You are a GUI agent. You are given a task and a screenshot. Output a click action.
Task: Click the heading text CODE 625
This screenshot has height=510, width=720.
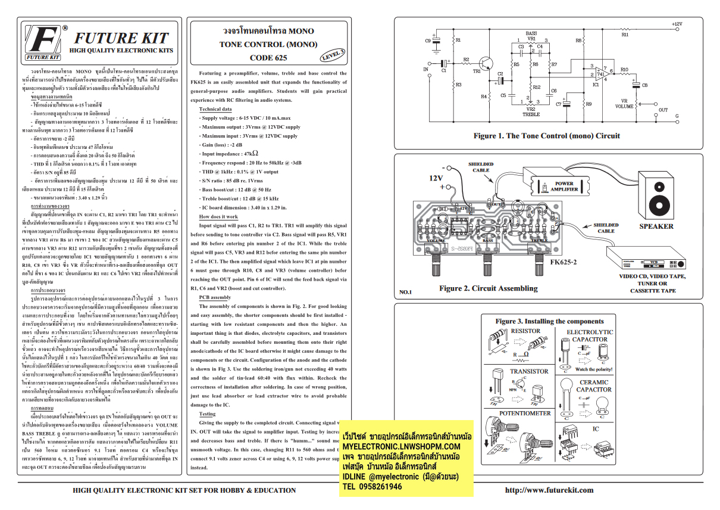pos(268,58)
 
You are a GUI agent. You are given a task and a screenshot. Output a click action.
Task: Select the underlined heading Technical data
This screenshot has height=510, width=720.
pos(215,109)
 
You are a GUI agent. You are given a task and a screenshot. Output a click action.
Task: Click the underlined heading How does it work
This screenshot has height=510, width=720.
pos(218,217)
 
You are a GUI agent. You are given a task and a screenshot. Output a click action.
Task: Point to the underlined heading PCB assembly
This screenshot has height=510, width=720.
pos(215,297)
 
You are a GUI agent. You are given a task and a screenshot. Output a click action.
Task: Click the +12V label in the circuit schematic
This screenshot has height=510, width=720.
pos(677,24)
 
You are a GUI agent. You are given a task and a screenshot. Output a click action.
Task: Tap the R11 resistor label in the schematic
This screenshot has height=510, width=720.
pos(625,35)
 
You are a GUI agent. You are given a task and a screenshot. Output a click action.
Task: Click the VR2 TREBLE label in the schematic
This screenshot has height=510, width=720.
pos(531,112)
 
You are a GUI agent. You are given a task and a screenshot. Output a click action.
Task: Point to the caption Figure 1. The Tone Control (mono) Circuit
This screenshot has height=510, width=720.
pos(546,136)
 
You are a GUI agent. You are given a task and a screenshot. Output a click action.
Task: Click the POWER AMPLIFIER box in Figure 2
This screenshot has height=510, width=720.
pos(564,186)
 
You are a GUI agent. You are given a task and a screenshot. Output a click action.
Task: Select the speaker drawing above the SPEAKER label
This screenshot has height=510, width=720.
pos(656,194)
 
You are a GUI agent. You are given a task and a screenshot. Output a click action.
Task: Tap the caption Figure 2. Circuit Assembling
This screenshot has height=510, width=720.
pos(488,288)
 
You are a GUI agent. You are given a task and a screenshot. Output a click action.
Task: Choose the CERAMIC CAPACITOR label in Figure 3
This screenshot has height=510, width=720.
pos(593,385)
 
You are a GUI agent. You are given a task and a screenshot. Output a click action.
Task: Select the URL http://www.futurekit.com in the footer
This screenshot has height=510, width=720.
pos(549,490)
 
